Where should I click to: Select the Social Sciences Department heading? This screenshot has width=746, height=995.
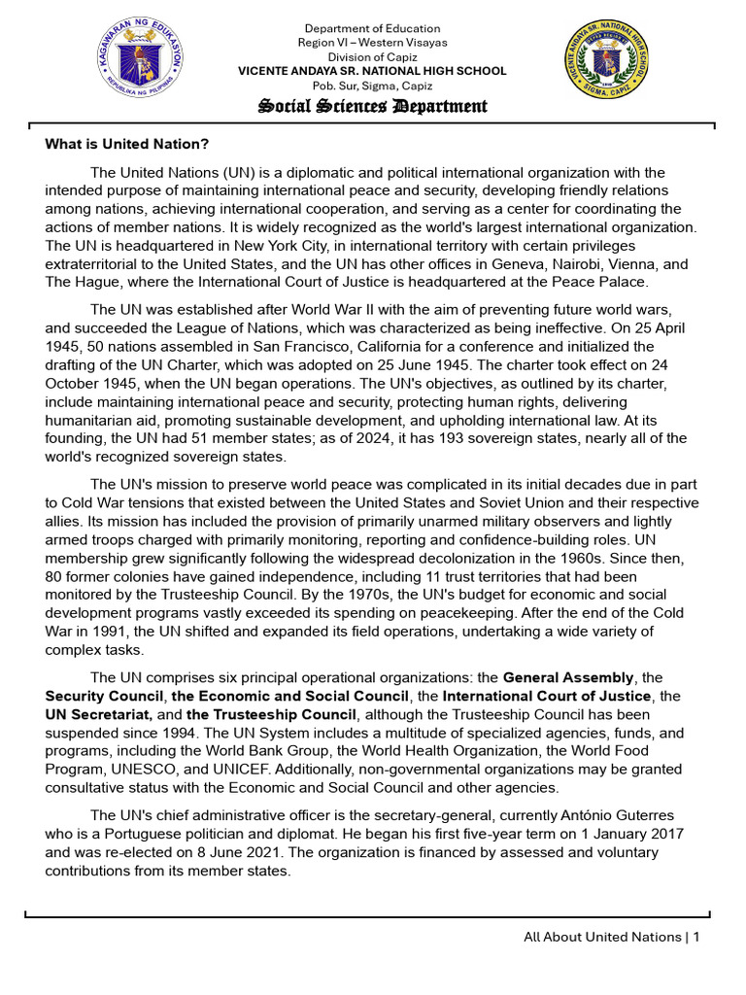point(372,106)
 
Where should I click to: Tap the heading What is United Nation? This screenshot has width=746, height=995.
point(127,144)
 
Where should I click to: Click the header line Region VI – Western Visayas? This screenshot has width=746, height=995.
point(372,43)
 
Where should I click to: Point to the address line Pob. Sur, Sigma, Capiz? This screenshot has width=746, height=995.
point(372,86)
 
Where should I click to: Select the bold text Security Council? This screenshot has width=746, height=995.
point(103,696)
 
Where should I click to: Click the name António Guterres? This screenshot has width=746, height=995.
point(630,815)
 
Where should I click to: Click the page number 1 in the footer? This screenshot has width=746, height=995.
point(696,937)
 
